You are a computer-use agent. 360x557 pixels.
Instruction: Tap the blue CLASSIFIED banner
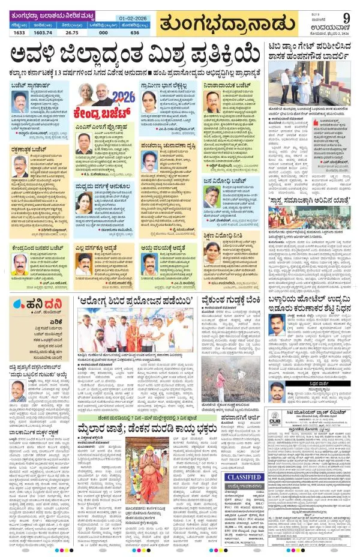(x=242, y=461)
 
